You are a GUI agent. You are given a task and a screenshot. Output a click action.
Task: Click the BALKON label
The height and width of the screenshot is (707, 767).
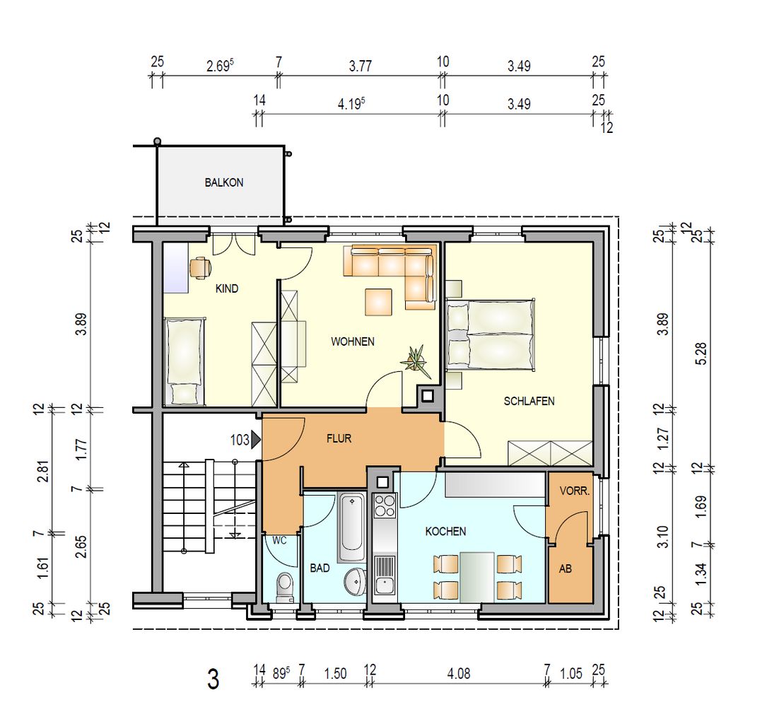223,182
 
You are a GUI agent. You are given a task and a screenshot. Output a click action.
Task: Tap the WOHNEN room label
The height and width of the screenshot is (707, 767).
353,341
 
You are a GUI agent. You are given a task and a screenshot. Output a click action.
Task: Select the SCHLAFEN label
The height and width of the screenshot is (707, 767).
529,401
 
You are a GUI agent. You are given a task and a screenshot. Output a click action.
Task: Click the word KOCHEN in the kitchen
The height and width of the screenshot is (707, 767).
445,532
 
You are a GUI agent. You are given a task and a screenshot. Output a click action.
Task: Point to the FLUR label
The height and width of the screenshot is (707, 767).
339,438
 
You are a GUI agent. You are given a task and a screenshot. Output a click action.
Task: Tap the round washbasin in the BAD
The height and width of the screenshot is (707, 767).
355,581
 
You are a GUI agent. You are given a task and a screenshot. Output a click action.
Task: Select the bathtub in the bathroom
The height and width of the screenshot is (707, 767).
352,528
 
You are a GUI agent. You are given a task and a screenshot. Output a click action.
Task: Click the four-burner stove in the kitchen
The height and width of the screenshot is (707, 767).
385,506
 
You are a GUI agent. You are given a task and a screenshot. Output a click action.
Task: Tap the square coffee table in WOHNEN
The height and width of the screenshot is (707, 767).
378,301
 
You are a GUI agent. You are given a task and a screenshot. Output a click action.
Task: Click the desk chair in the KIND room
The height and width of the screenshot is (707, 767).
199,268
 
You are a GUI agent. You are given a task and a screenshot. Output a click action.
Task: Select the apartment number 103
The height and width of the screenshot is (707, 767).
240,440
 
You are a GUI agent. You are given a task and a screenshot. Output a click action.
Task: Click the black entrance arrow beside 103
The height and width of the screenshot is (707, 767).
256,440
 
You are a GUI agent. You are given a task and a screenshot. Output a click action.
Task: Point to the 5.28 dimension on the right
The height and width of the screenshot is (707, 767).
701,353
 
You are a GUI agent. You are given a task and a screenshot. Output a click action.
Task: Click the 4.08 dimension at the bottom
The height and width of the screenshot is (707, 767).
459,674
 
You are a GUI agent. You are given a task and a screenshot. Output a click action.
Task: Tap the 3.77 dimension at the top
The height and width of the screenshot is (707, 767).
361,66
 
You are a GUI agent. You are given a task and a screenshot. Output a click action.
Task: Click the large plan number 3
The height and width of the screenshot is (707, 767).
213,679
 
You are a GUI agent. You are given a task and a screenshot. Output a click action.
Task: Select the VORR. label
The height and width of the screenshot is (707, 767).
575,491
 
